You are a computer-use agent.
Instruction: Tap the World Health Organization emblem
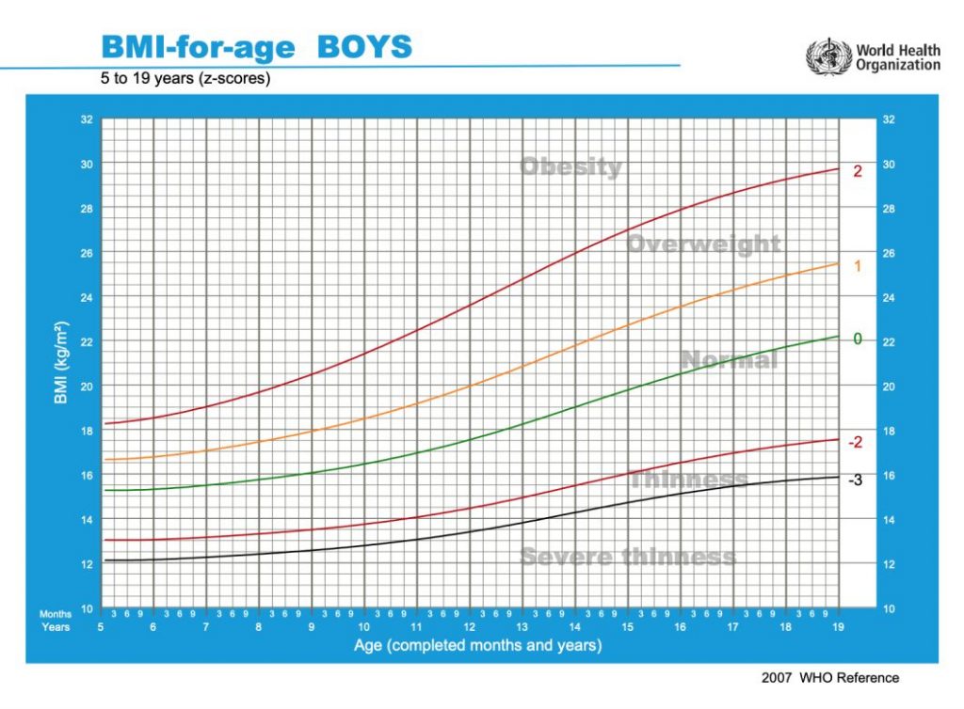(x=827, y=56)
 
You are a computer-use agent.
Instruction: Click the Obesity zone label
(x=570, y=167)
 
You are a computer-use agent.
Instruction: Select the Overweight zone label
(x=703, y=244)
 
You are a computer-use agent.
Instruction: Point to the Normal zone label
(x=729, y=360)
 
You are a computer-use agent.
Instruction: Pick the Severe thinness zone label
(x=628, y=557)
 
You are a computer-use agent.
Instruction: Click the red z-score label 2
(x=858, y=171)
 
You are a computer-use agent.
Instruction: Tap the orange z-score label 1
(x=858, y=266)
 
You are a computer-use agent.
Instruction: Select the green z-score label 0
(x=858, y=339)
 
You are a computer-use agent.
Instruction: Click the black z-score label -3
(x=855, y=480)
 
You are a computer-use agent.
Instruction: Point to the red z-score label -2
(x=856, y=442)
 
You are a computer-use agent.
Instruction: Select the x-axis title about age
(x=477, y=646)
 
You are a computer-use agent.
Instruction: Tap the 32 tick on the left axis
(x=86, y=119)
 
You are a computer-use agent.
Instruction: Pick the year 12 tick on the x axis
(x=469, y=627)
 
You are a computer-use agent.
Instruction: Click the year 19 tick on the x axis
(x=838, y=627)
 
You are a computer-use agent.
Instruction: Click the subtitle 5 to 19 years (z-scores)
(x=185, y=79)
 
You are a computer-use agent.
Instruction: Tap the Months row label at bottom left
(x=56, y=614)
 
